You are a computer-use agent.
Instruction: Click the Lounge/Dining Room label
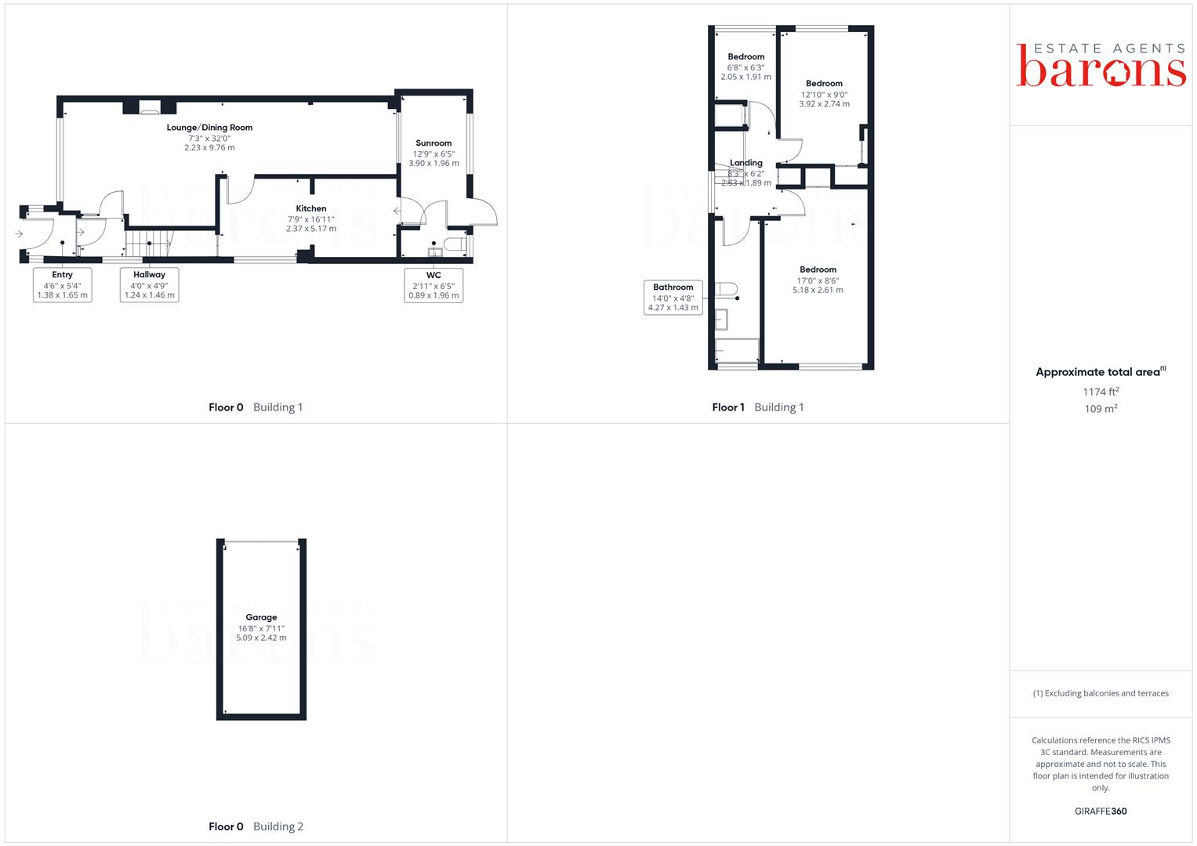[209, 128]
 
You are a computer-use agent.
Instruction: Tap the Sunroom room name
[433, 143]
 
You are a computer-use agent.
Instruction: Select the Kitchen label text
[311, 208]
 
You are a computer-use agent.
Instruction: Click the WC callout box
[433, 285]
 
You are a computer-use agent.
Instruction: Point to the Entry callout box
[63, 284]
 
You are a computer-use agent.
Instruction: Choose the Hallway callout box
[149, 284]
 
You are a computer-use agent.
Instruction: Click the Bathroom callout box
[673, 298]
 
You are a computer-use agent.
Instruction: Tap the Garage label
[261, 617]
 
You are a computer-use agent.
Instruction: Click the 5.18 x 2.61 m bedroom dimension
[818, 290]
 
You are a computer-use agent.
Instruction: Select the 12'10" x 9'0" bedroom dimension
[824, 95]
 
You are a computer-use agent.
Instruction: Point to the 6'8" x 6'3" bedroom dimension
[745, 68]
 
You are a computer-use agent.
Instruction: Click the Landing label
[746, 163]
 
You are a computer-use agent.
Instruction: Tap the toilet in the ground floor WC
[455, 244]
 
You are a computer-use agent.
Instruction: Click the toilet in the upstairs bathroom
[726, 289]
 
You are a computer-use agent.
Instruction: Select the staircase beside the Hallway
[149, 243]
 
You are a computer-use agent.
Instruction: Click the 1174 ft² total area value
[1101, 392]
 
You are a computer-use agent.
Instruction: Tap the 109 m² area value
[1101, 409]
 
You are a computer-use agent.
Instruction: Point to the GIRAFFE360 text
[1101, 812]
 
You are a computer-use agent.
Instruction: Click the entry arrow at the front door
[19, 234]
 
